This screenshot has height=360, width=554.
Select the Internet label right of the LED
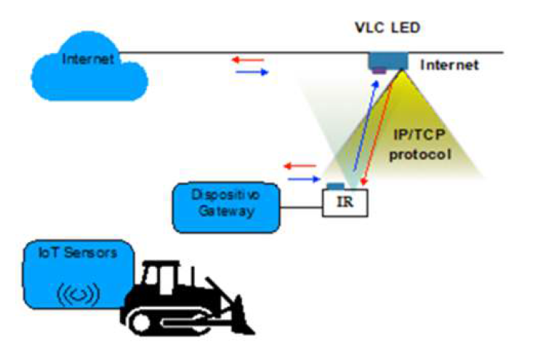pos(449,65)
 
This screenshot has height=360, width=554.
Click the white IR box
pos(345,201)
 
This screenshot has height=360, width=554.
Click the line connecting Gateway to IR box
pos(301,209)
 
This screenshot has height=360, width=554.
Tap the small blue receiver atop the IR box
pos(334,186)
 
